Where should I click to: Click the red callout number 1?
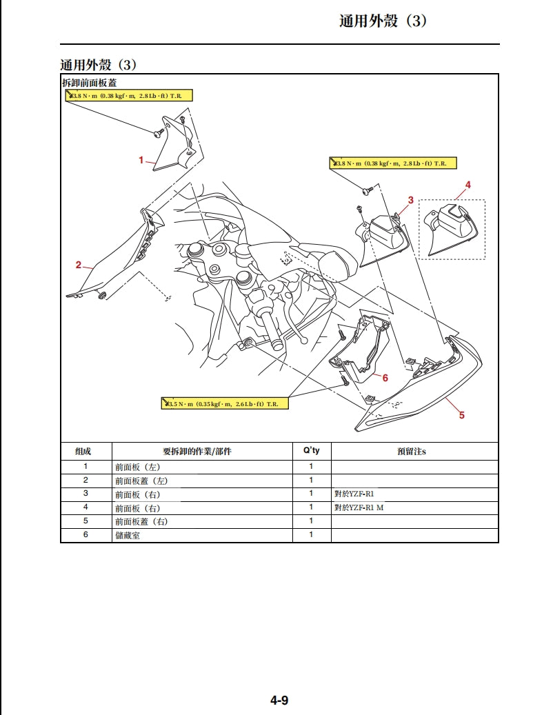tap(141, 160)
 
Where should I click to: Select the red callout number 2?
tap(79, 265)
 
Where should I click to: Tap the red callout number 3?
tap(410, 200)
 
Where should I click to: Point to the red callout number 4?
tap(468, 185)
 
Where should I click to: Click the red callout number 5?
tap(462, 415)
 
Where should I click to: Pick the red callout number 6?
tap(385, 378)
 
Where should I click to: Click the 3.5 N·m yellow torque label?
tap(225, 403)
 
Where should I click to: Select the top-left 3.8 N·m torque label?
tap(129, 95)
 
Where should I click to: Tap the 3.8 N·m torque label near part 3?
tap(392, 163)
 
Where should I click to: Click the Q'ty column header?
tap(312, 451)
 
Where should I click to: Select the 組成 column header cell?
tap(86, 452)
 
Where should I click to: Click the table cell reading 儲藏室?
tap(128, 535)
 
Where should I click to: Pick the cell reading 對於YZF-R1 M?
tap(359, 507)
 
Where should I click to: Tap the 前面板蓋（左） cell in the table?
tap(141, 481)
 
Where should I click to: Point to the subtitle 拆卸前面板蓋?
tap(89, 83)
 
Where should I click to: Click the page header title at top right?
tap(383, 21)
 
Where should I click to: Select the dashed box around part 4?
tap(452, 230)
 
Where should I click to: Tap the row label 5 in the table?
tap(86, 521)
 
